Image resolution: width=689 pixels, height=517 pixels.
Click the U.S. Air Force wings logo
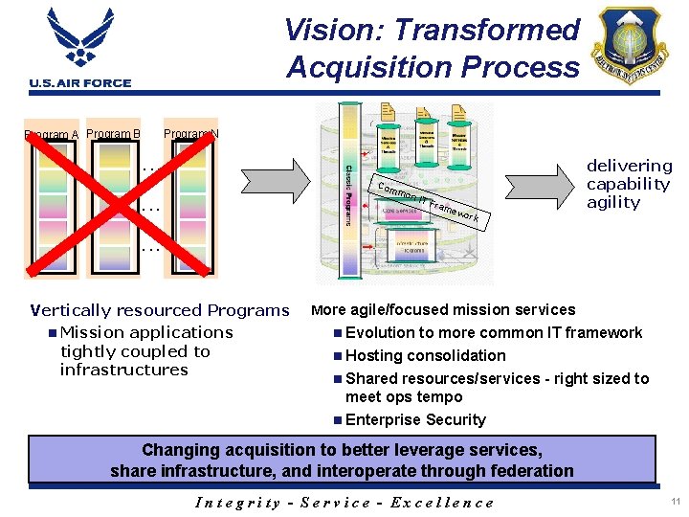(81, 40)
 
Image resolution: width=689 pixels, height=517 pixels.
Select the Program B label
(113, 133)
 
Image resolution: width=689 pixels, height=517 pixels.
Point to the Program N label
(191, 133)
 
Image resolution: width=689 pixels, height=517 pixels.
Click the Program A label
(51, 135)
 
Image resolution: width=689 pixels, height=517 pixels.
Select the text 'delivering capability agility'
(629, 184)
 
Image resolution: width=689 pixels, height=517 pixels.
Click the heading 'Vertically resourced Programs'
(160, 310)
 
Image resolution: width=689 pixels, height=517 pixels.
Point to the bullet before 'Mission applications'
(51, 332)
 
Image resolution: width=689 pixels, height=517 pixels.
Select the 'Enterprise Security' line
(415, 419)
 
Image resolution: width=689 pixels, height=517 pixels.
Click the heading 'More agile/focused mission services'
(443, 309)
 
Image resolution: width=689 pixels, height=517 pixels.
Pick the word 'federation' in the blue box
(530, 470)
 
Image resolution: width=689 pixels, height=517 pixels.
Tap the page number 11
(676, 502)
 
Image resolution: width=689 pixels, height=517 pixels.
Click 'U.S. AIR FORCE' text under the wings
(80, 83)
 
